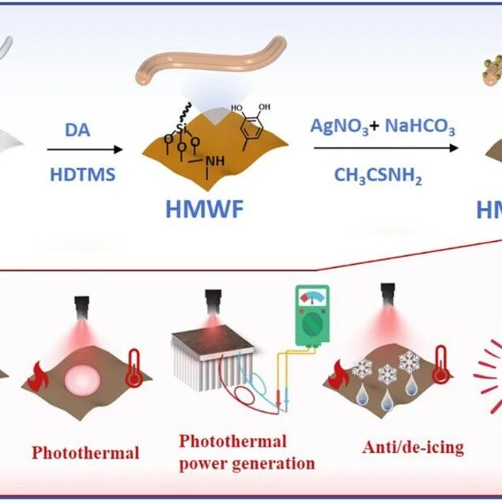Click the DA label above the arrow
(77, 130)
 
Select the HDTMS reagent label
(83, 175)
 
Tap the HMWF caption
(205, 210)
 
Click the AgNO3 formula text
(340, 126)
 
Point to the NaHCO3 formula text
(420, 126)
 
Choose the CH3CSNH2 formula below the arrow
(378, 176)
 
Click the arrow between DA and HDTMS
(85, 150)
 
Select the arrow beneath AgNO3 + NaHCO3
(386, 148)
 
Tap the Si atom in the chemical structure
(182, 129)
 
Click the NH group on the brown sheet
(215, 161)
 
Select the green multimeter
(312, 316)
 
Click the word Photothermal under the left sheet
(85, 453)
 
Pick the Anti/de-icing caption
(413, 447)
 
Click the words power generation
(247, 463)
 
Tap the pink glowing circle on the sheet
(82, 380)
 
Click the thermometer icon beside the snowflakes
(441, 365)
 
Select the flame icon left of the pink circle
(38, 377)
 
